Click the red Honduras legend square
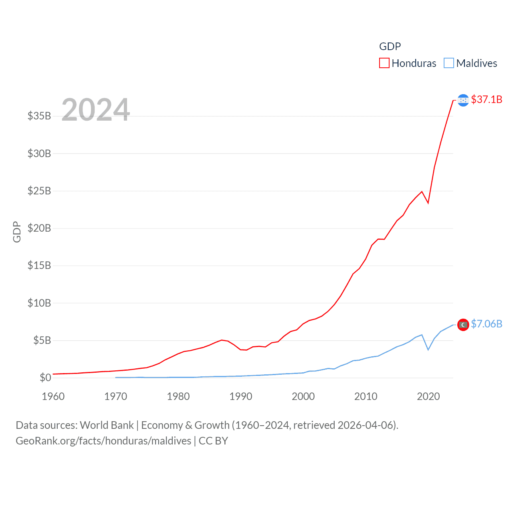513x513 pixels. click(384, 63)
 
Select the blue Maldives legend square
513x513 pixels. click(449, 63)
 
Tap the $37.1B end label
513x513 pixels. click(487, 99)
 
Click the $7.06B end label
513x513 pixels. click(487, 324)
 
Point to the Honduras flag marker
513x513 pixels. click(463, 100)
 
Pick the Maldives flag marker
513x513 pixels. click(463, 325)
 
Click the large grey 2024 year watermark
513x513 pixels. click(95, 110)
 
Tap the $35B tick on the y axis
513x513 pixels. click(39, 116)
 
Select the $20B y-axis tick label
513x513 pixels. click(39, 228)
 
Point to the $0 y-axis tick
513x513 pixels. click(45, 378)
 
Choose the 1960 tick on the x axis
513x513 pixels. click(53, 397)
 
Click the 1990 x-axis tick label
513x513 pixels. click(240, 397)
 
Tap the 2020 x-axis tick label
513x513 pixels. click(428, 397)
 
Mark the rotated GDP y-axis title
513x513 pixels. click(17, 232)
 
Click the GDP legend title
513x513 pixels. click(390, 46)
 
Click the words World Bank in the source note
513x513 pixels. click(107, 425)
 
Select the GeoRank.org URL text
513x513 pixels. click(103, 441)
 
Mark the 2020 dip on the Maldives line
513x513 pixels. click(428, 349)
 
